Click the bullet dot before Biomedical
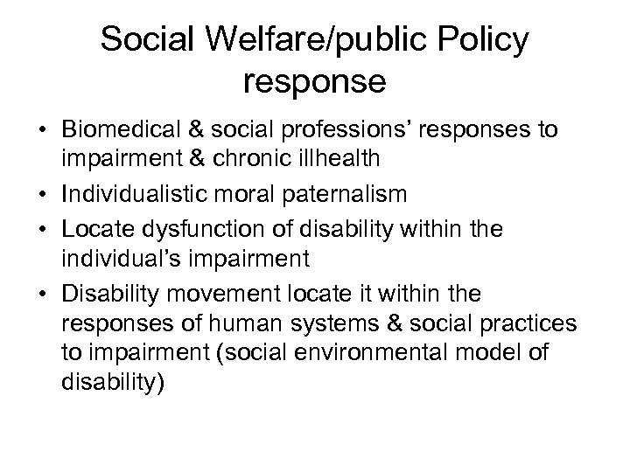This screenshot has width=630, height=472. tap(41, 130)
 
